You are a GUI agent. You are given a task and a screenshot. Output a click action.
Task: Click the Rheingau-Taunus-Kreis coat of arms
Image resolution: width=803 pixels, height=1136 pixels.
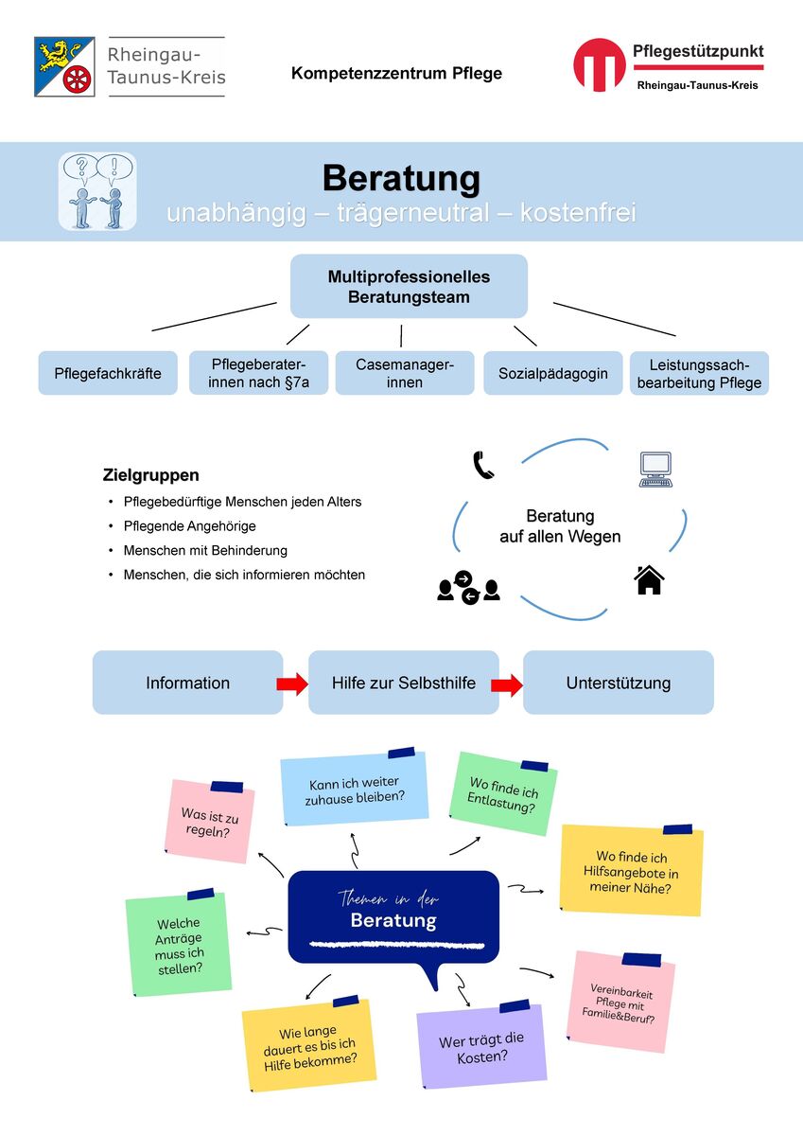click(64, 66)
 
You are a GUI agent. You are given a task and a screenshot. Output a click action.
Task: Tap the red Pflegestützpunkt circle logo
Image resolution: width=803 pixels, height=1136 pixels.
click(599, 64)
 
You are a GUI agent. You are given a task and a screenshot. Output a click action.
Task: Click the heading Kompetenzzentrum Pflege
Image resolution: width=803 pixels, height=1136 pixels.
click(396, 73)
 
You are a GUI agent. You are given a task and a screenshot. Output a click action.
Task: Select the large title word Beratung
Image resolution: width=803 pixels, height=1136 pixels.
click(401, 179)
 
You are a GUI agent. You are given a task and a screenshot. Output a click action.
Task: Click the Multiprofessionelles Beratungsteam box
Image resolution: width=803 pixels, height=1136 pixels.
click(409, 287)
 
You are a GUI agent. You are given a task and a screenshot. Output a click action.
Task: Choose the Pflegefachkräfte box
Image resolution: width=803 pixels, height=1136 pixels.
click(108, 373)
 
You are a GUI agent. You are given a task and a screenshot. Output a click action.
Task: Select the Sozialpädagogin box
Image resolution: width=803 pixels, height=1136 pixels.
click(552, 373)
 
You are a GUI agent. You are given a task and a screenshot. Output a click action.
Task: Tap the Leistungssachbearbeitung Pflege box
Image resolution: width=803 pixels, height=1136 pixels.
click(699, 373)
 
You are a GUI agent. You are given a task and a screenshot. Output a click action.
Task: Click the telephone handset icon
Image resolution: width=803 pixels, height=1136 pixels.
click(483, 465)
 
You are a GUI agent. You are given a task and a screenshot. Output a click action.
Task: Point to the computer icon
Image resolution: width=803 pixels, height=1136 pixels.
click(655, 470)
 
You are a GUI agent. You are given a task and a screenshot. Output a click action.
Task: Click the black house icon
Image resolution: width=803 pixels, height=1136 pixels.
click(649, 579)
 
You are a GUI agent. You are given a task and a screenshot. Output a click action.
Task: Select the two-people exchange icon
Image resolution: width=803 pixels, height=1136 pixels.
click(468, 587)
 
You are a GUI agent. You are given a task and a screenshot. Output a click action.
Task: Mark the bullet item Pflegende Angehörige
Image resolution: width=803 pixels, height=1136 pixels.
click(189, 526)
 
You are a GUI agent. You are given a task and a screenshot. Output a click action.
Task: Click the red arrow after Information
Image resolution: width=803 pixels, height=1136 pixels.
click(292, 684)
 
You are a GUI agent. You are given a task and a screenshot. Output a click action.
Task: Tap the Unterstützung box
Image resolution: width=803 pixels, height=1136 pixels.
click(619, 683)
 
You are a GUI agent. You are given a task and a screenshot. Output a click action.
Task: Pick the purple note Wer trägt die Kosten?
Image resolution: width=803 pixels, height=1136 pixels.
click(481, 1046)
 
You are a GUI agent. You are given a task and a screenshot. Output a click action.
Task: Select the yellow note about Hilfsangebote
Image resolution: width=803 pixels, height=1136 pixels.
click(631, 870)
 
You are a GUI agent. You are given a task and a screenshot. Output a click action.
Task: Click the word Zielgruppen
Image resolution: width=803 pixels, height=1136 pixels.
click(151, 475)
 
